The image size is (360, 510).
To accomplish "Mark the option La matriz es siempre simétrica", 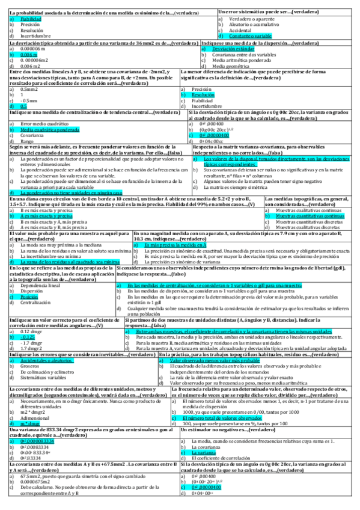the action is click(240, 186).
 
